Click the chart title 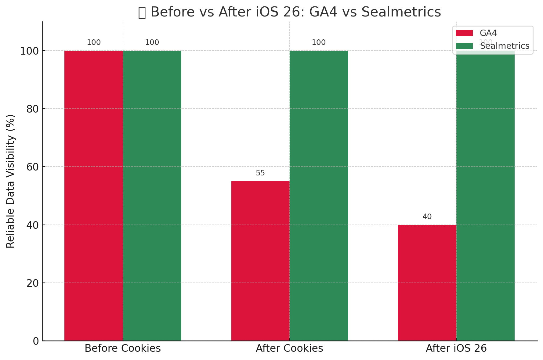289,12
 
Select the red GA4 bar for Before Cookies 94,195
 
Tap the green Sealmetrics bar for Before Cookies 152,195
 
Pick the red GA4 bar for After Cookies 260,261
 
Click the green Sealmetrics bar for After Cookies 319,195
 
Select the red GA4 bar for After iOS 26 427,283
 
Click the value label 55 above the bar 260,173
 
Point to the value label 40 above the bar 427,217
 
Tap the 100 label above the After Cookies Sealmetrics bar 319,43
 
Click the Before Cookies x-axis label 123,348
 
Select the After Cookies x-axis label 289,348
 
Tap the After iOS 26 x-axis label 456,348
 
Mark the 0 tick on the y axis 36,341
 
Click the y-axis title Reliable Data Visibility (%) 11,181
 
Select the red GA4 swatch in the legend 464,33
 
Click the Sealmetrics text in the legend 505,46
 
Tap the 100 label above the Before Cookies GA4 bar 94,43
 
